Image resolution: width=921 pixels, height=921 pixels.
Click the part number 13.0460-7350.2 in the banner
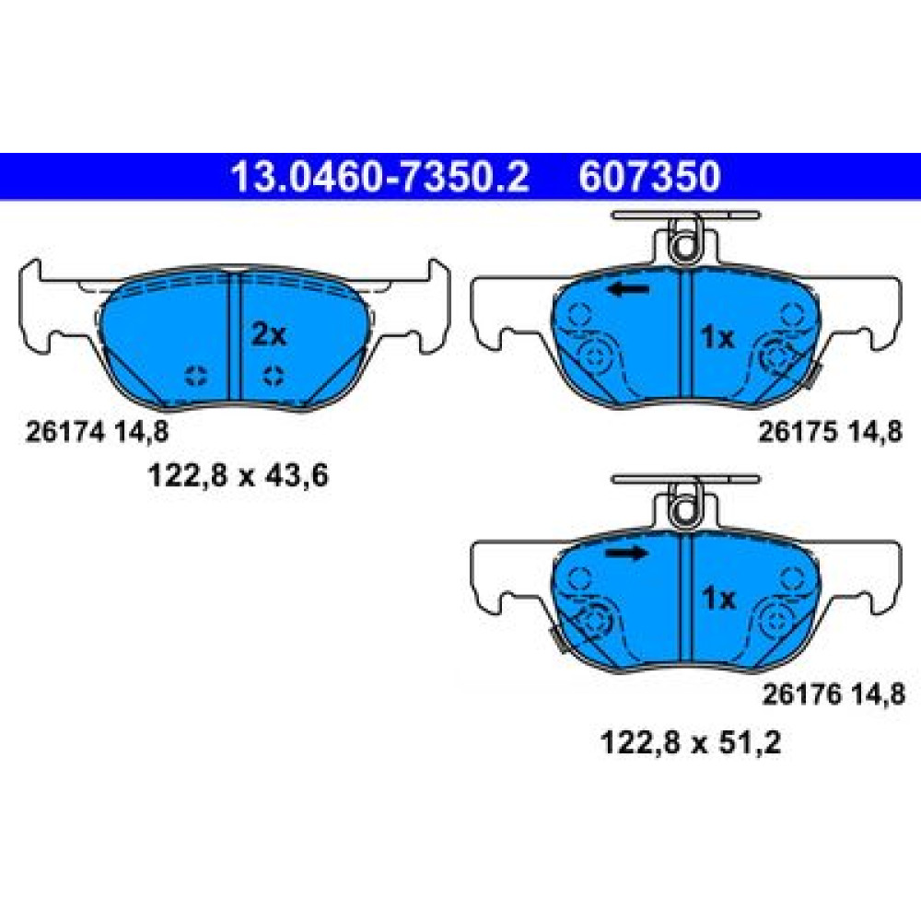tap(380, 177)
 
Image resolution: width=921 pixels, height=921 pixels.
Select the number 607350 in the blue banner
tap(649, 177)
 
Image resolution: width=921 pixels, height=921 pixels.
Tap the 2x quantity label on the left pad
tap(269, 335)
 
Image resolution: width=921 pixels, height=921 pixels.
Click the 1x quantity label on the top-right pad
tap(717, 338)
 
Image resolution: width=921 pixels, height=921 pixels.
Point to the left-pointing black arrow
tap(628, 289)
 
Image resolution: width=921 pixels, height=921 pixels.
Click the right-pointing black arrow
tap(626, 553)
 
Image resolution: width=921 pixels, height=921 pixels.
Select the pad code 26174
tap(65, 432)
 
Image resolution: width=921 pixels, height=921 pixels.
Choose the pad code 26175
tap(799, 432)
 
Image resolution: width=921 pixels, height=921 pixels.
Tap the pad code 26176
tap(802, 694)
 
